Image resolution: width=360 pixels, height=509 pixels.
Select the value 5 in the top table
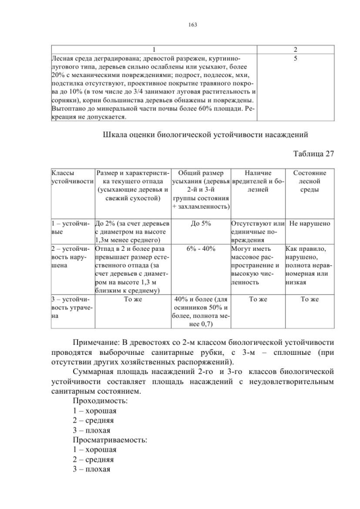pyautogui.click(x=295, y=58)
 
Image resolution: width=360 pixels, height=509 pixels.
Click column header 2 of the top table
pyautogui.click(x=295, y=49)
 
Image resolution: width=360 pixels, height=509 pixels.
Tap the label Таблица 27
pyautogui.click(x=313, y=154)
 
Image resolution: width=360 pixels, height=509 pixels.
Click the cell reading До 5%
pyautogui.click(x=201, y=224)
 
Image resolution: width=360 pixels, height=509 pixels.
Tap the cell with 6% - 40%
pyautogui.click(x=201, y=249)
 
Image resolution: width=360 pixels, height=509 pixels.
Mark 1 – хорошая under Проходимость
pyautogui.click(x=94, y=411)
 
